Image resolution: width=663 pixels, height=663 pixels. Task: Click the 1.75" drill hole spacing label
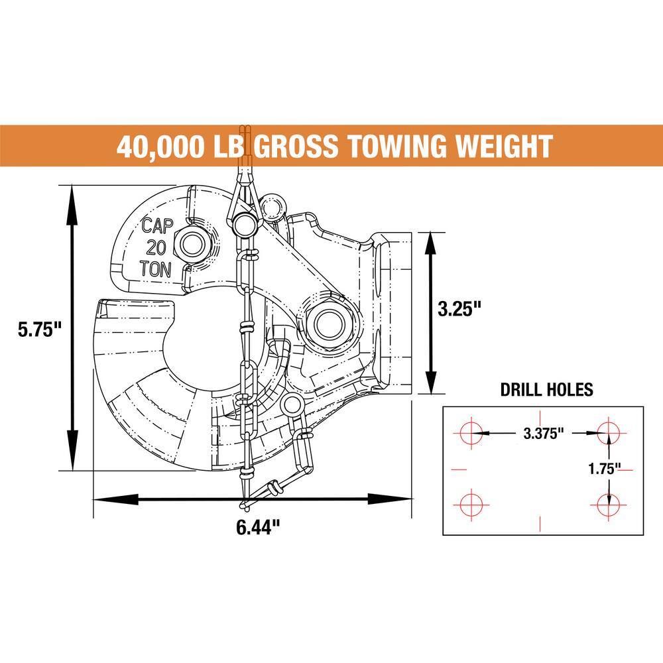pos(604,469)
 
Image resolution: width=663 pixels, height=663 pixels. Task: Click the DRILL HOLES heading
pos(546,389)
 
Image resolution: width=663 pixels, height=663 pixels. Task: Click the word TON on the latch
pos(156,269)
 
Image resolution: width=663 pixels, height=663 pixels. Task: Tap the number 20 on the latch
pos(156,247)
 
